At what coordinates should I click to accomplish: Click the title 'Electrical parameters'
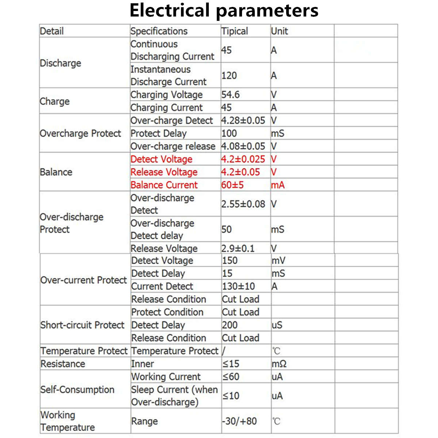(224, 10)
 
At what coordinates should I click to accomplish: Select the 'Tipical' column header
(234, 31)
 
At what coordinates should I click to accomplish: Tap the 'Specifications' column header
(159, 31)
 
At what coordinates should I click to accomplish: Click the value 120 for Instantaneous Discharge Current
(229, 76)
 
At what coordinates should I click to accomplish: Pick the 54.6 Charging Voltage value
(230, 95)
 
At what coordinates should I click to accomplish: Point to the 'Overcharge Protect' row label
(80, 133)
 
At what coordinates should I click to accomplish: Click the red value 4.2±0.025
(243, 159)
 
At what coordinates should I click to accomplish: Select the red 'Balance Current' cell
(164, 185)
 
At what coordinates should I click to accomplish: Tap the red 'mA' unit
(278, 185)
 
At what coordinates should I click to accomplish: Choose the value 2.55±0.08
(243, 204)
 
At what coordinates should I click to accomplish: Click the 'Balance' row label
(56, 172)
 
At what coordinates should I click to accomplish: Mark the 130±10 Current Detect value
(238, 286)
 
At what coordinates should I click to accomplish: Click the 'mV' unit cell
(278, 261)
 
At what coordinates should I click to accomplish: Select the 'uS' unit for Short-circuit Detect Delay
(277, 325)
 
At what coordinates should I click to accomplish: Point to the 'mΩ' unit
(279, 364)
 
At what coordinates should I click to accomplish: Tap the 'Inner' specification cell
(142, 364)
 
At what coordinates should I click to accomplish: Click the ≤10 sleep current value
(231, 396)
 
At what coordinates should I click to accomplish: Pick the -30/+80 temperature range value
(239, 421)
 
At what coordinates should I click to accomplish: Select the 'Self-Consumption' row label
(77, 389)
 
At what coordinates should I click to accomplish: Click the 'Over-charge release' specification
(173, 146)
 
